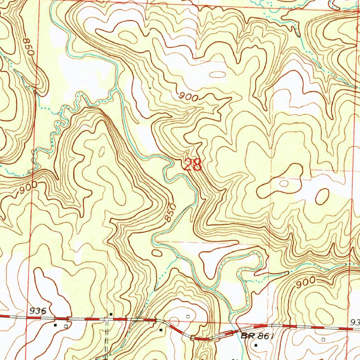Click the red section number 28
(x=193, y=165)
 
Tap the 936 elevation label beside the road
(x=38, y=311)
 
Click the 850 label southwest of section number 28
(x=170, y=212)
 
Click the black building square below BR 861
(x=256, y=345)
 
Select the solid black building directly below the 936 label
(x=55, y=325)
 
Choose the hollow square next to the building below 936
(x=66, y=326)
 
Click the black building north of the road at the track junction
(x=111, y=314)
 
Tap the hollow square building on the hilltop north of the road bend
(x=188, y=316)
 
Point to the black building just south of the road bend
(x=161, y=330)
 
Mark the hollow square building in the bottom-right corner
(x=323, y=340)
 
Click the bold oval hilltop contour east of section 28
(x=322, y=196)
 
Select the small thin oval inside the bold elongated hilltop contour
(x=284, y=183)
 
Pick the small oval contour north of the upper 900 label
(x=218, y=74)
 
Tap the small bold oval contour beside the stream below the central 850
(x=157, y=253)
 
